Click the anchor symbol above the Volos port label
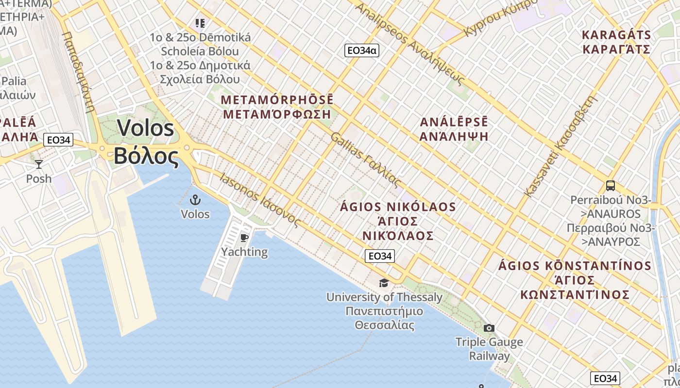(x=195, y=200)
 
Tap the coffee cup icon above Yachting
(x=244, y=238)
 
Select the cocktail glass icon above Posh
(x=39, y=164)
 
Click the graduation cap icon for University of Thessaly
(x=384, y=283)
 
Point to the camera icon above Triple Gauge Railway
(x=489, y=328)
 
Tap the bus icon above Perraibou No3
(x=611, y=185)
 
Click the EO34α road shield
(x=361, y=50)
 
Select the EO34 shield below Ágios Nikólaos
(x=379, y=256)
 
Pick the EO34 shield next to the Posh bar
(x=58, y=140)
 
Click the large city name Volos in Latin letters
(x=145, y=128)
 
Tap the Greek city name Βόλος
(x=146, y=156)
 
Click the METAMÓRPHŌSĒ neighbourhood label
(x=277, y=99)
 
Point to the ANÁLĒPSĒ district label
(x=454, y=122)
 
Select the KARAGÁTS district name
(x=616, y=35)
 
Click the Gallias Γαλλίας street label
(x=365, y=159)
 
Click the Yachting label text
(x=244, y=252)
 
